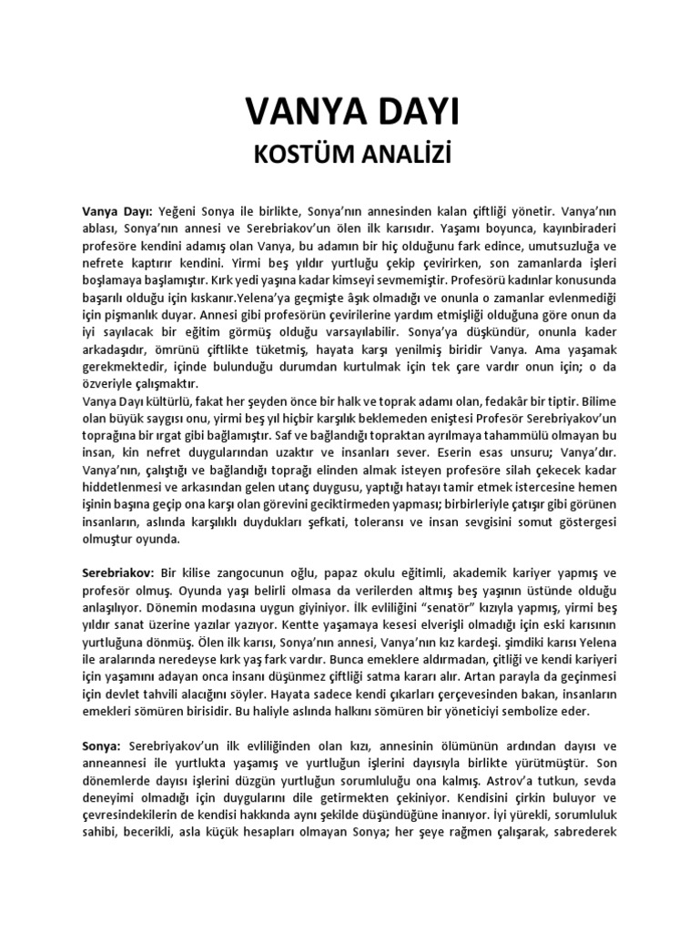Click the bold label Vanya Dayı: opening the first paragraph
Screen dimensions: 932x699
click(x=117, y=210)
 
